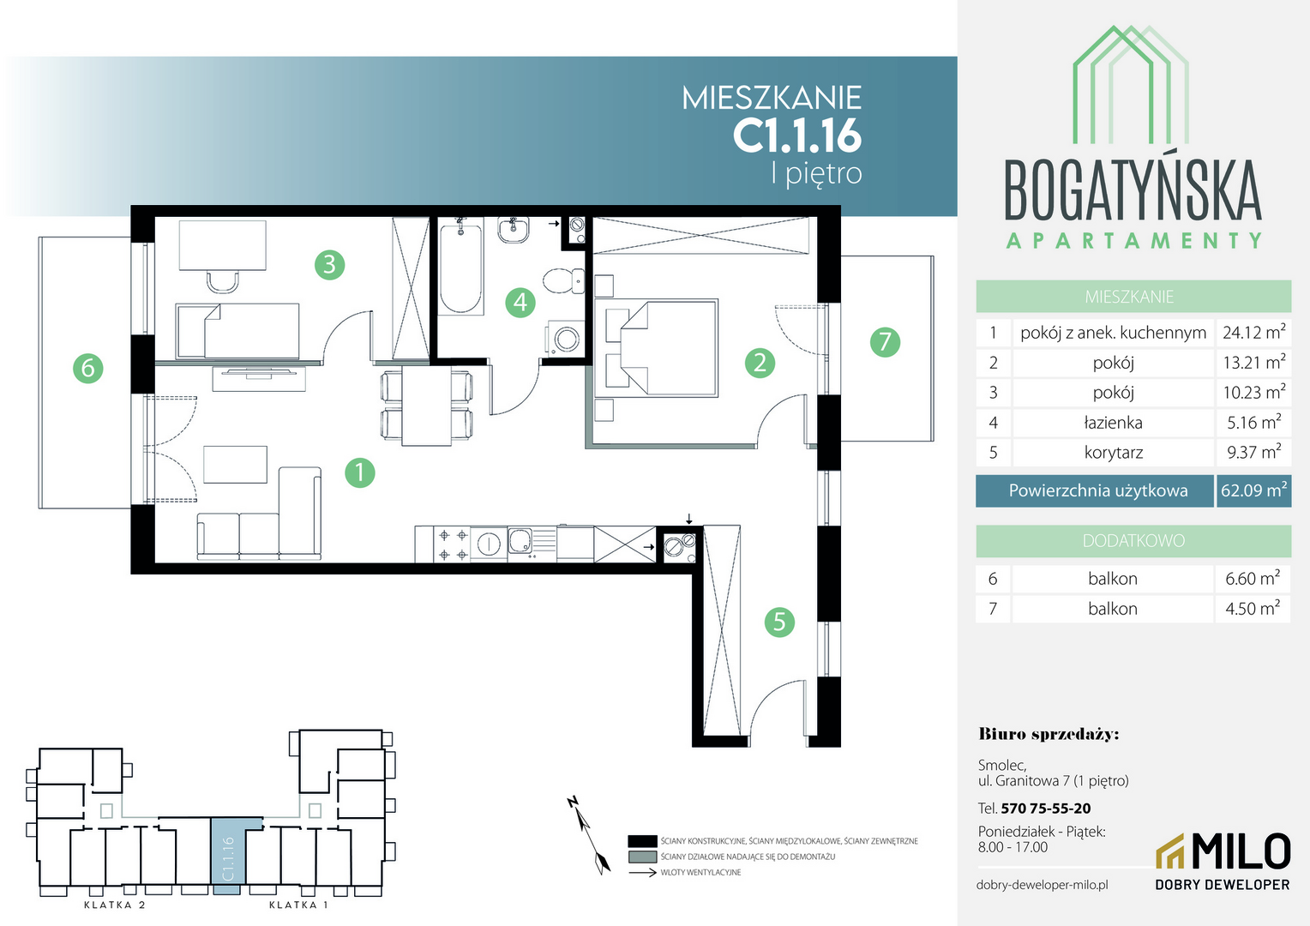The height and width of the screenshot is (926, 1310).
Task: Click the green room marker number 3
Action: click(x=329, y=264)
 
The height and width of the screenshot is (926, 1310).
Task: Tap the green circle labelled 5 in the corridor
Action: click(x=779, y=622)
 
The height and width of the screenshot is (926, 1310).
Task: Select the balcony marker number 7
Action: click(x=885, y=342)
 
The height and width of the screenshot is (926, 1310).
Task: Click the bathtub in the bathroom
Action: click(x=461, y=265)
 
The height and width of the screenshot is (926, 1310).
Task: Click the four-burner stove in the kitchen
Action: click(x=453, y=544)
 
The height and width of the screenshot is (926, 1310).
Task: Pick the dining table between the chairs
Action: click(x=426, y=406)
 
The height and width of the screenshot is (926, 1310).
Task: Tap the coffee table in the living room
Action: click(x=235, y=465)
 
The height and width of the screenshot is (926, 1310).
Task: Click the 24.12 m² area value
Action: click(x=1254, y=333)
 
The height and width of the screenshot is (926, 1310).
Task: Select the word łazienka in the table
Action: click(x=1113, y=423)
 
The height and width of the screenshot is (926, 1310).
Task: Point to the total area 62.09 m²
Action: click(x=1254, y=490)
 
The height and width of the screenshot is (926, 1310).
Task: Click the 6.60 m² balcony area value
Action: click(x=1253, y=579)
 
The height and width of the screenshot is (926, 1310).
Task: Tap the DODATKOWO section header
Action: click(x=1133, y=540)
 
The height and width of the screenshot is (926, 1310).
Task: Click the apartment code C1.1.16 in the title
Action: click(x=797, y=135)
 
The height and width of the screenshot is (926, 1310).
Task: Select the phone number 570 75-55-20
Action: click(x=1046, y=809)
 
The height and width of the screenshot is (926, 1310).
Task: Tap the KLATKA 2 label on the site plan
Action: click(x=115, y=905)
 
